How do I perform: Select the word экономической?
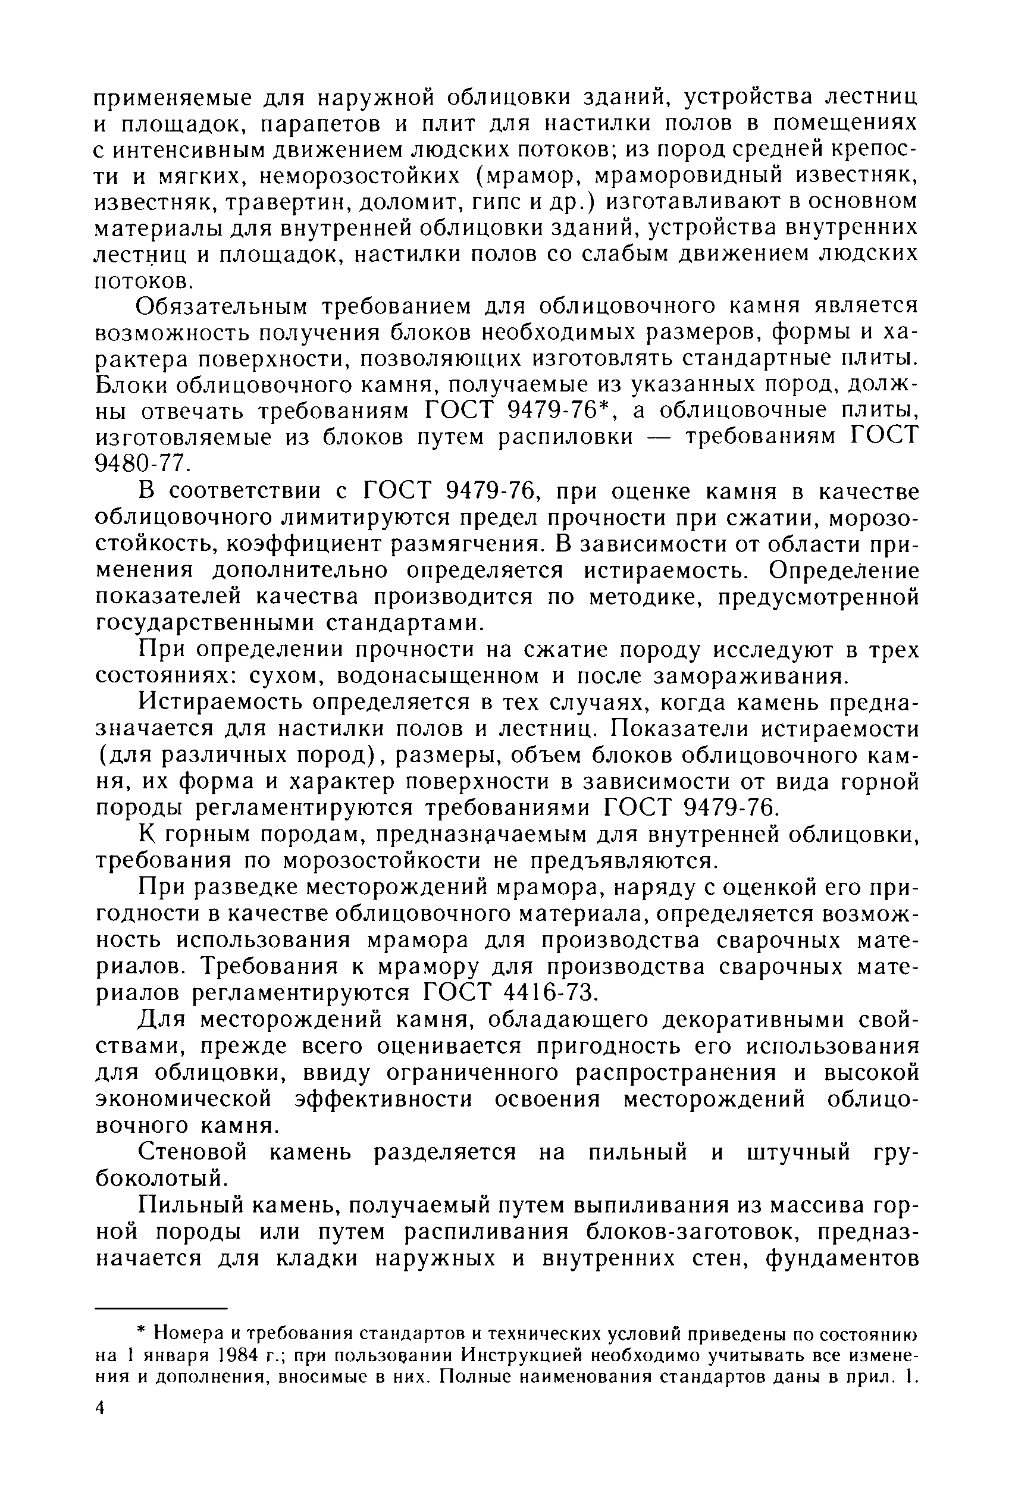tap(184, 1099)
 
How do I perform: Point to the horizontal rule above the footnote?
tap(162, 1308)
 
